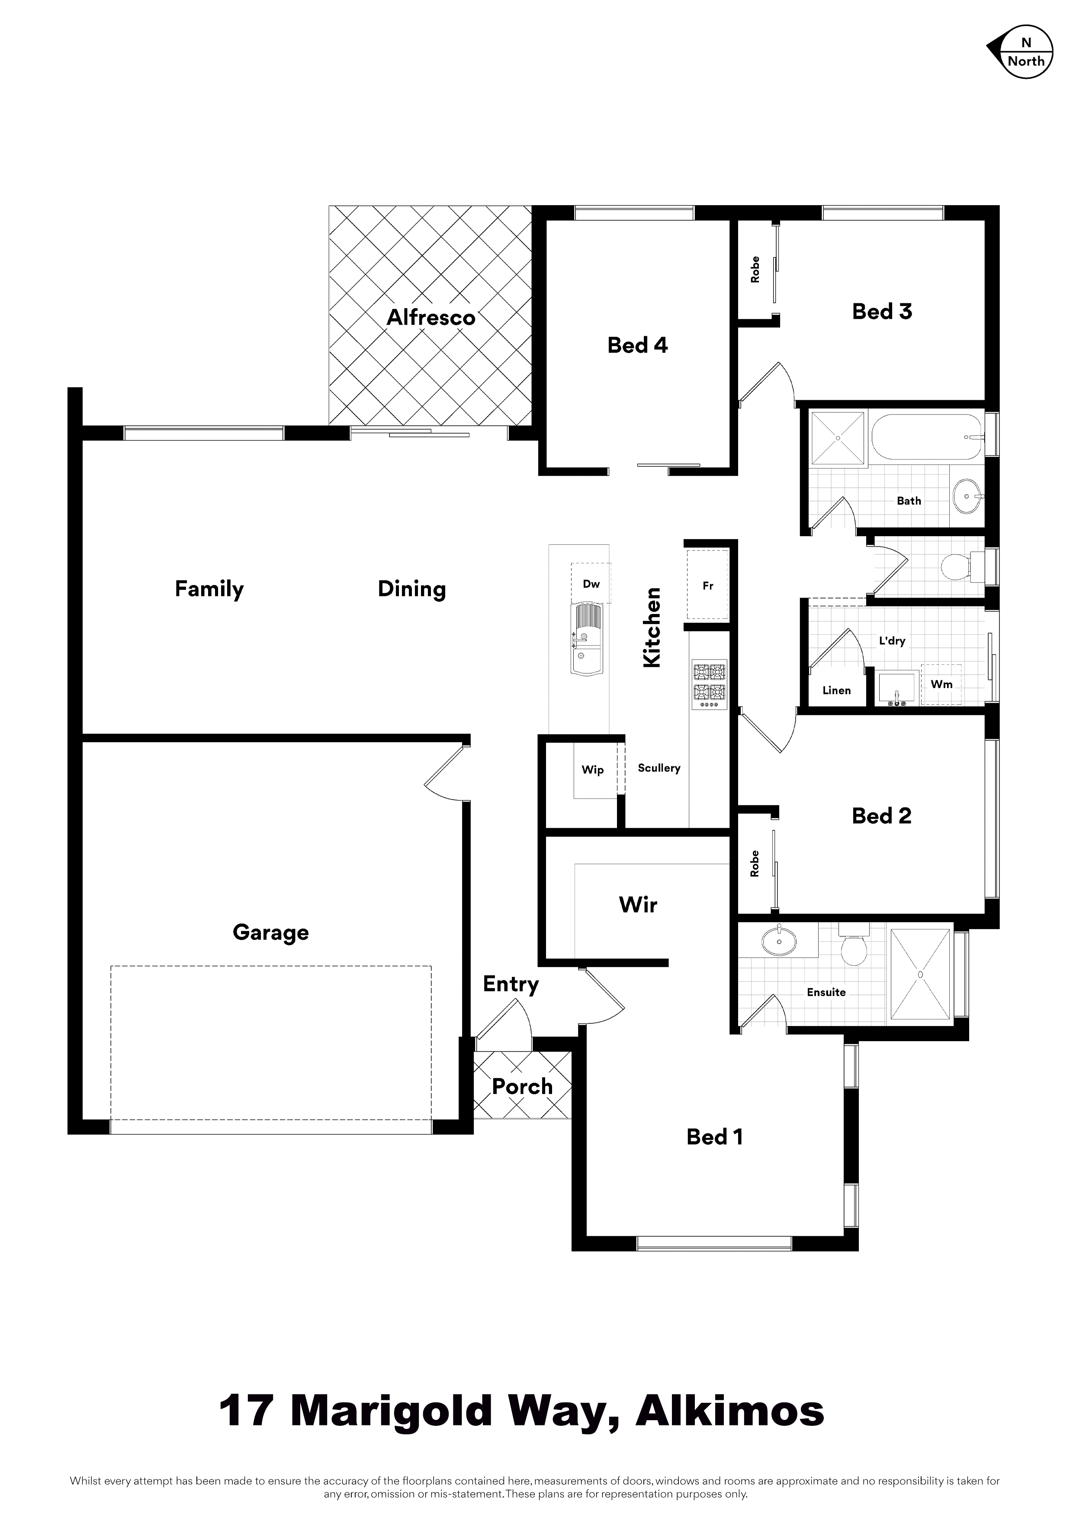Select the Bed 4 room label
[637, 345]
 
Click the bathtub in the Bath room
[928, 437]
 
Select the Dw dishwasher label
[591, 584]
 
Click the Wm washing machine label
[941, 684]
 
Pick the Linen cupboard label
[836, 690]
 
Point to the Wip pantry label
[592, 769]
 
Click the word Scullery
[659, 768]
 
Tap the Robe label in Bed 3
[755, 270]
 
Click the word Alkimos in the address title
[730, 1412]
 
